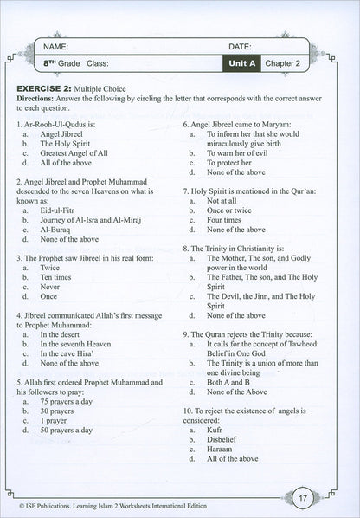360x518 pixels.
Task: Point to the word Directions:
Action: [x=39, y=99]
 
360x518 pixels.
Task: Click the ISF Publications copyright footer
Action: [x=130, y=501]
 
